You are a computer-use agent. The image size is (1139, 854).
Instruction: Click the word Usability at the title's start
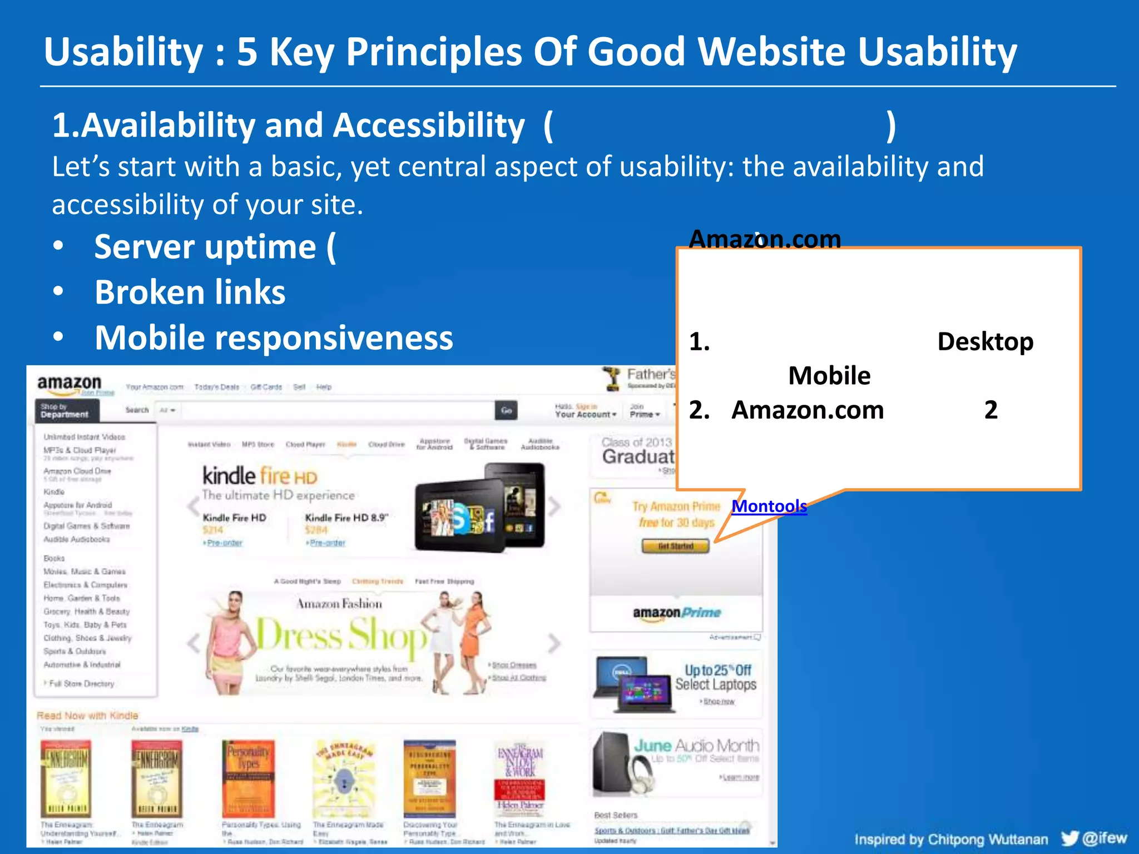point(123,52)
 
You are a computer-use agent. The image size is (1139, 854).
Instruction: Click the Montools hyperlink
point(769,506)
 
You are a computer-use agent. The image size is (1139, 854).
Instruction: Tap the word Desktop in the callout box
point(985,341)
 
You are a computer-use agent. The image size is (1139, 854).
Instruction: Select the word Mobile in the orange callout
point(829,376)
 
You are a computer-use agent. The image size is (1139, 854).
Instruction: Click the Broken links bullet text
point(190,292)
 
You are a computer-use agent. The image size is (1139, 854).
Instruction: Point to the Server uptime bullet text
point(214,247)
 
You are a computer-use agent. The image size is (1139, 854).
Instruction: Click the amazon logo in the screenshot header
point(70,383)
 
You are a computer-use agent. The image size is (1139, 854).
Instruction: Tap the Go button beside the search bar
point(506,410)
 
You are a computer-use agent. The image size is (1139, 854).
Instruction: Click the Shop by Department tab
point(66,411)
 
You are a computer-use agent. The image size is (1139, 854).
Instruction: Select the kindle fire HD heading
point(259,476)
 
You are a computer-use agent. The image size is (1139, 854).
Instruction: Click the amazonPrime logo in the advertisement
point(676,613)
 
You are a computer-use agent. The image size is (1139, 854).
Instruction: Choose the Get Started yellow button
point(675,546)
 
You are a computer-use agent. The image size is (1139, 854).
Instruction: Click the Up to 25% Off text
point(717,670)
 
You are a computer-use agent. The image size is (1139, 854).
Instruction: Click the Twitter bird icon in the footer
point(1069,838)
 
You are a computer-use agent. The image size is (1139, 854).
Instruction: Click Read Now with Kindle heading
point(87,716)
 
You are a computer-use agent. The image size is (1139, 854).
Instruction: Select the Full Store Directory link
point(81,683)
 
